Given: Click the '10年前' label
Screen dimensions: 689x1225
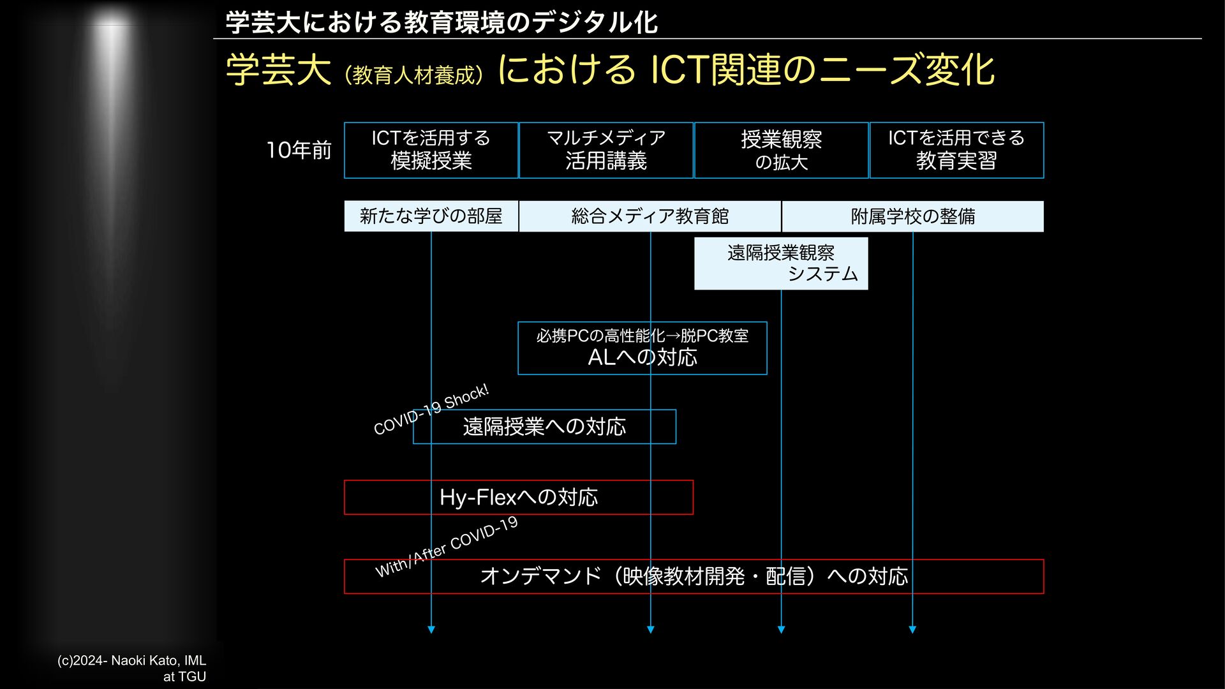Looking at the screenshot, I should (x=299, y=151).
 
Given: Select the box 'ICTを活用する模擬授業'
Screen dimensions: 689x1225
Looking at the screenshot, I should (x=431, y=150).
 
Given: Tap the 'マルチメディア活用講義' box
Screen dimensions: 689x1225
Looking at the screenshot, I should (x=605, y=150).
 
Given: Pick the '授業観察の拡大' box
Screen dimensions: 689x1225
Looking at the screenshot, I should (x=781, y=150).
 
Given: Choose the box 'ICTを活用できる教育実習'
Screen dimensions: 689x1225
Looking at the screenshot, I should (x=956, y=150).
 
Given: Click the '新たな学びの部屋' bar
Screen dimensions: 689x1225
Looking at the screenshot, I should (x=431, y=216).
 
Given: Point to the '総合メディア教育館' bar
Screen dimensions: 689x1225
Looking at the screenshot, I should (x=650, y=216).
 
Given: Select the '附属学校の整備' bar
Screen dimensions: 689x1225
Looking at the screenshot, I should (x=912, y=216).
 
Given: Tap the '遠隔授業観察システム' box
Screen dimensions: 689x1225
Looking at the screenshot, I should (x=781, y=263).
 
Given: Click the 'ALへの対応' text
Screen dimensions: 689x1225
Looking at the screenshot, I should (x=642, y=357).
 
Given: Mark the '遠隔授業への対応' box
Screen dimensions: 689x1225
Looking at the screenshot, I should (x=544, y=427).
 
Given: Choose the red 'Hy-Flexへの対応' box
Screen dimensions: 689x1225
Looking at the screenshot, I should (x=518, y=498).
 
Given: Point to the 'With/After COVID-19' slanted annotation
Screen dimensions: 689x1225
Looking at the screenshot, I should (x=447, y=547).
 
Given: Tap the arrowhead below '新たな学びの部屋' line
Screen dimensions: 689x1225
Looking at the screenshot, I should (x=431, y=630).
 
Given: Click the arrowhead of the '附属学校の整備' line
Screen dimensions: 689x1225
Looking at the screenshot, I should (x=912, y=630).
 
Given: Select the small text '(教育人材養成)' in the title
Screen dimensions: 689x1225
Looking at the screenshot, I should (x=413, y=75).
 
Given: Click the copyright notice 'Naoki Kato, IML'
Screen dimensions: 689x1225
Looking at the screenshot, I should (x=131, y=661).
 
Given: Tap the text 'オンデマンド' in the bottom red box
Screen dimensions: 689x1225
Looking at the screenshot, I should (x=540, y=577).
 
